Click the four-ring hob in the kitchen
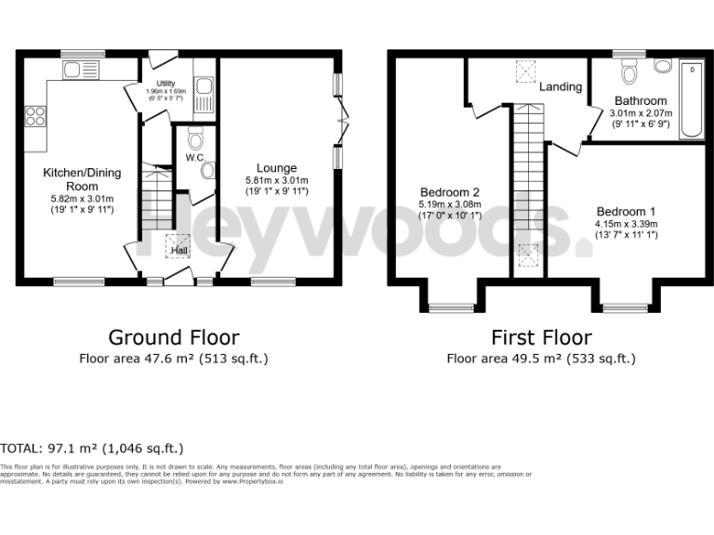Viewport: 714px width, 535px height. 35,116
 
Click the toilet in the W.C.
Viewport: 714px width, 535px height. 193,141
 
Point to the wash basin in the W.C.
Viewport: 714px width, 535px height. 206,170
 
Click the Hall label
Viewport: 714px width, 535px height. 178,250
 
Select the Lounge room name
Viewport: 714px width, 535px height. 276,168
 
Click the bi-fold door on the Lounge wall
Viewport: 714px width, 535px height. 344,121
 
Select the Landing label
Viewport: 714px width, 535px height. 561,86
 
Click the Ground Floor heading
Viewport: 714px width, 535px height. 174,337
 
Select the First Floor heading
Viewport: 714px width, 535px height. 541,337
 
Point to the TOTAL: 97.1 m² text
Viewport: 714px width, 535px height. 92,448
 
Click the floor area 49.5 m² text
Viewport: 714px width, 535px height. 541,358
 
